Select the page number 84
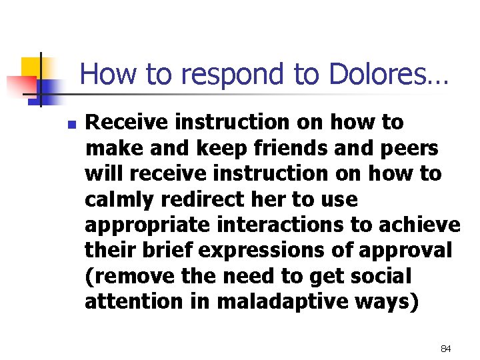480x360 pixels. coord(446,349)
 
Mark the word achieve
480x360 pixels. coord(423,225)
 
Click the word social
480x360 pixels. coord(384,276)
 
